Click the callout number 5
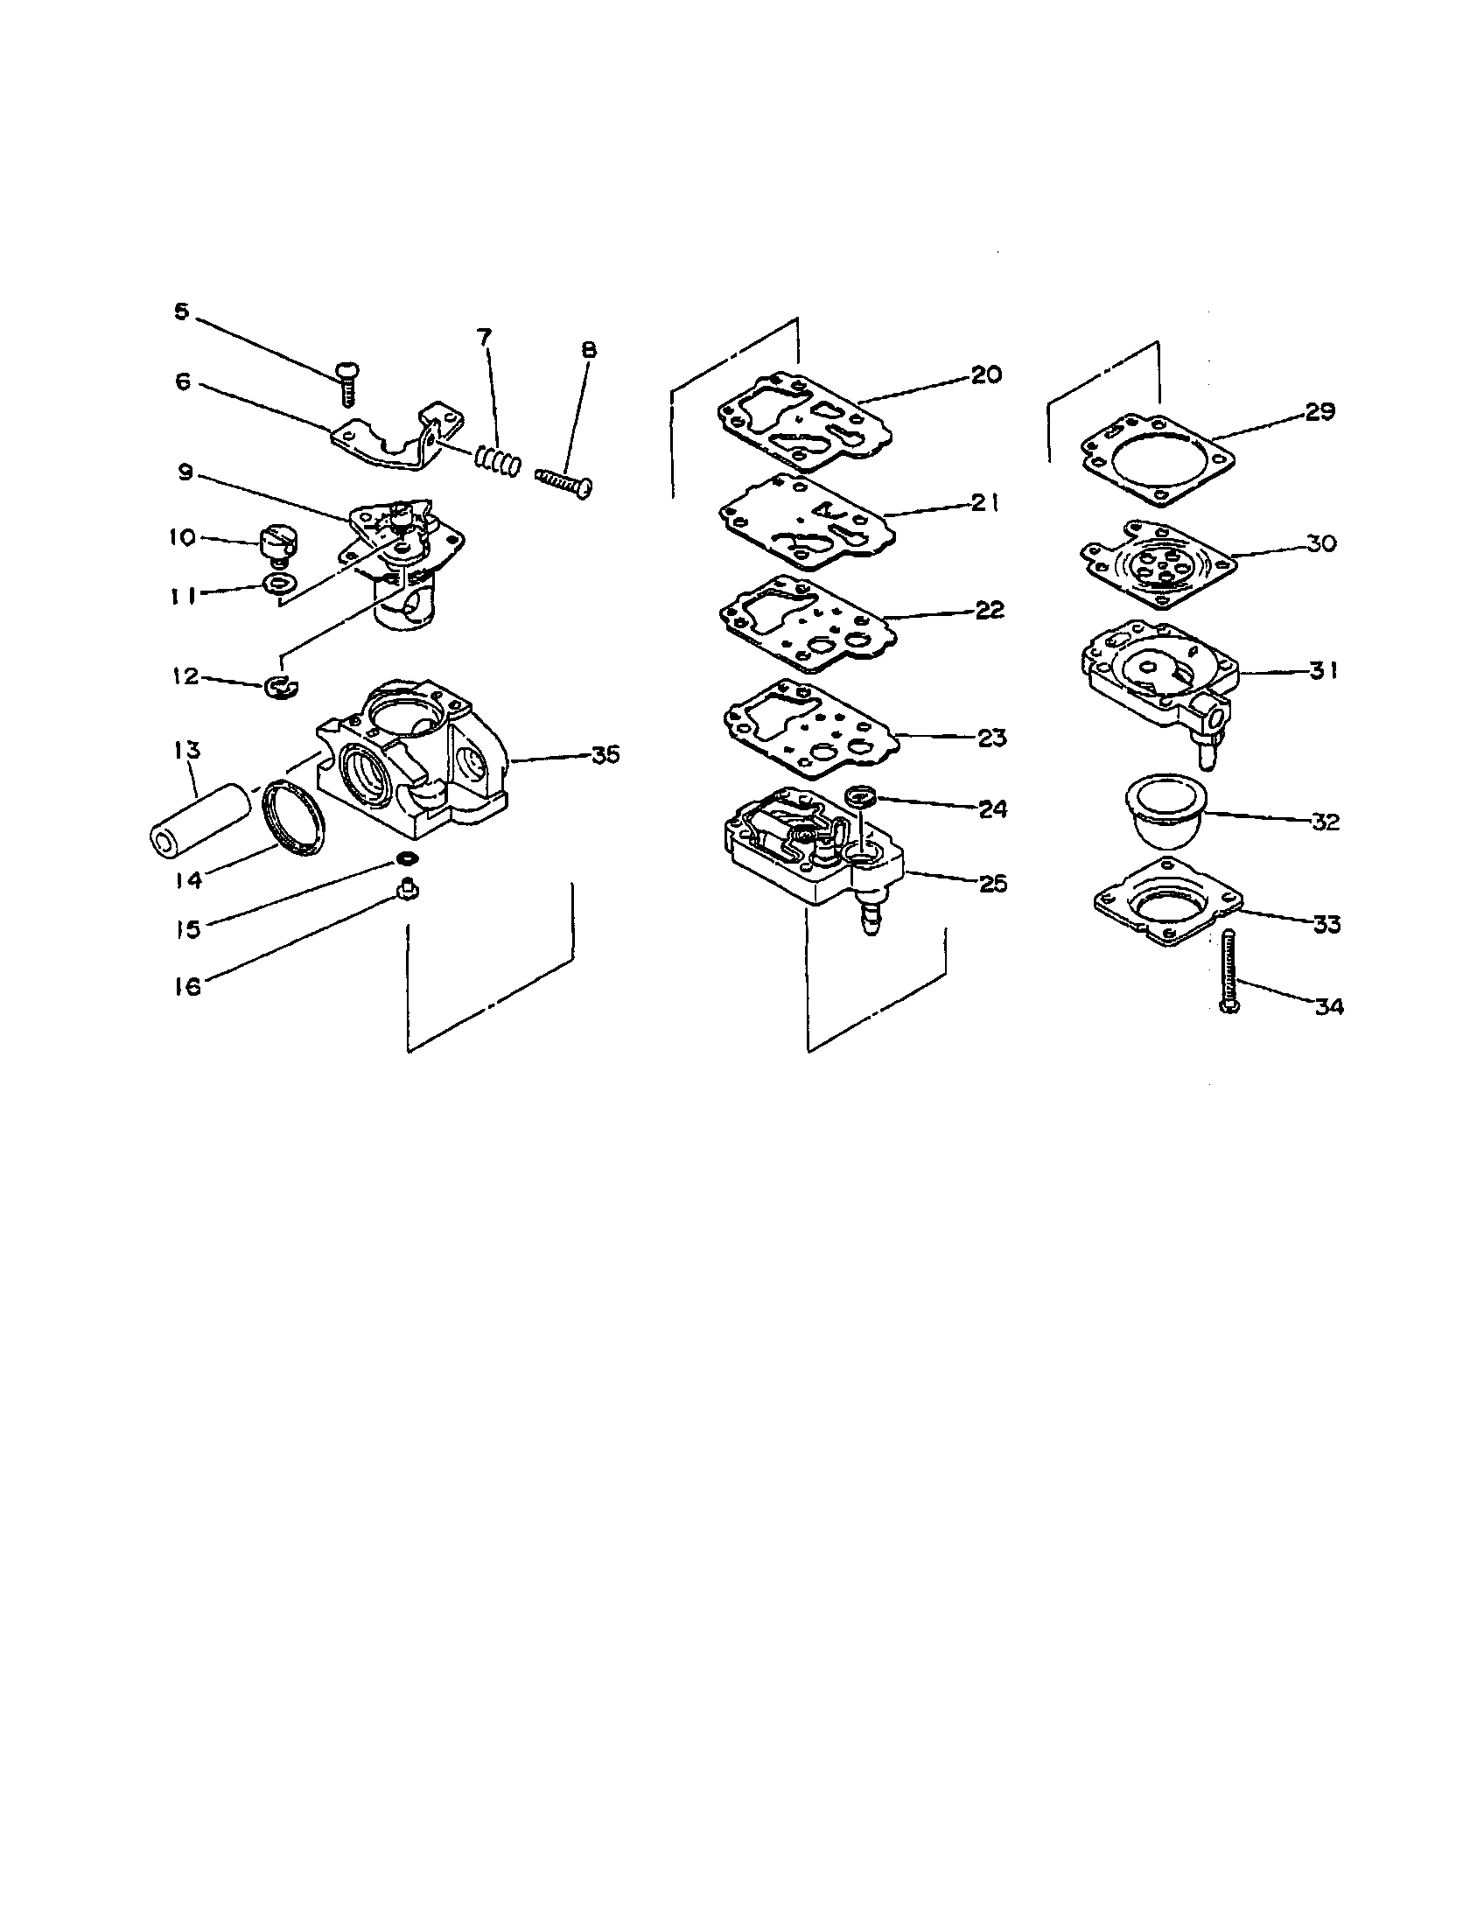coord(181,311)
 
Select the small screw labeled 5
coord(346,382)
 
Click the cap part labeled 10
coord(277,540)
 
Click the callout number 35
coord(605,754)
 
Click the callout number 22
coord(990,610)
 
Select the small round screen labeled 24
coord(859,797)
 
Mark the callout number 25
coord(993,883)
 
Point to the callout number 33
coord(1326,924)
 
